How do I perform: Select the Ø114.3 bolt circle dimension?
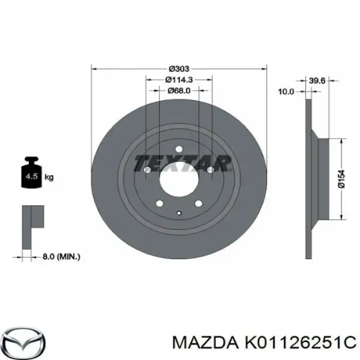(x=179, y=80)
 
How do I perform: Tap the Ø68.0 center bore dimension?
(x=179, y=91)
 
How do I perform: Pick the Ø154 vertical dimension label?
(x=341, y=178)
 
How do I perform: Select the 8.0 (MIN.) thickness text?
(x=61, y=256)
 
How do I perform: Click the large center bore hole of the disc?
(x=179, y=178)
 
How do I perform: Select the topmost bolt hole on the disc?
(x=179, y=149)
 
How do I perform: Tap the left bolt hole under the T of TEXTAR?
(x=148, y=170)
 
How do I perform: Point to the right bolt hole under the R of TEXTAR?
(x=211, y=170)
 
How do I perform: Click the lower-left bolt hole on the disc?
(x=160, y=204)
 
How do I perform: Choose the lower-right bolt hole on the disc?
(x=199, y=204)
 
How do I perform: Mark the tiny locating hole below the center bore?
(x=179, y=211)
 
